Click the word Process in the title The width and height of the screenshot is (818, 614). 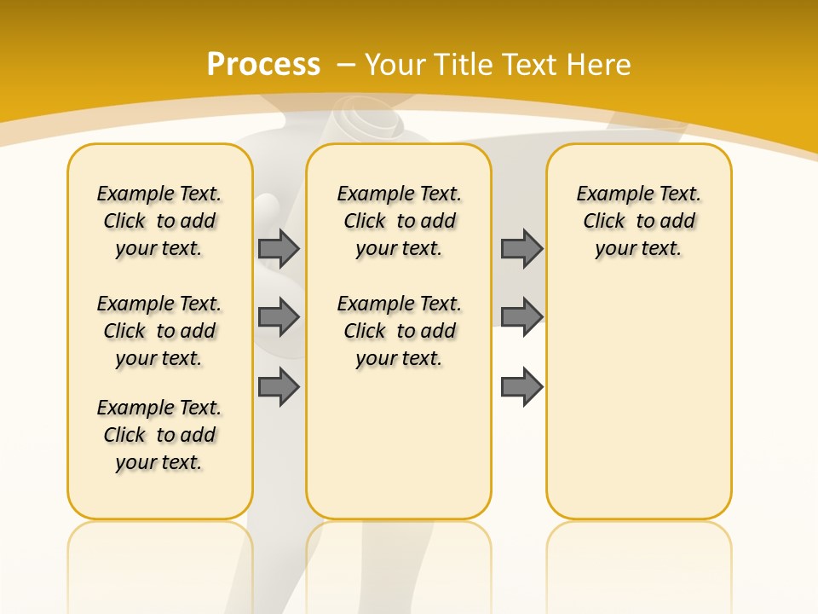click(x=263, y=64)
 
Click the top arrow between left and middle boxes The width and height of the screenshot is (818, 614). click(x=279, y=248)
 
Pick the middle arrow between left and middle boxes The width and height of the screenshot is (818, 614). click(x=279, y=317)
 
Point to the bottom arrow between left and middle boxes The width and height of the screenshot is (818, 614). click(x=279, y=387)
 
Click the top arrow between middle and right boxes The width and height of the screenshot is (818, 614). click(x=521, y=248)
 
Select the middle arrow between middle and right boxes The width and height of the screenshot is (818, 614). click(x=521, y=317)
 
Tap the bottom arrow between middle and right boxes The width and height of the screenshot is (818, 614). click(x=521, y=387)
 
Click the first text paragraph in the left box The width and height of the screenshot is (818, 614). click(x=159, y=221)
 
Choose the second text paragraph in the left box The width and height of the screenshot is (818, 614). click(x=159, y=331)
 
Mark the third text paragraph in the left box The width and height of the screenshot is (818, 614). click(x=159, y=435)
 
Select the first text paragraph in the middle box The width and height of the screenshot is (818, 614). click(x=400, y=221)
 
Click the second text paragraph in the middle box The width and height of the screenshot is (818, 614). click(x=400, y=331)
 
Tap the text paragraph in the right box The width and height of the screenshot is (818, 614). click(x=639, y=221)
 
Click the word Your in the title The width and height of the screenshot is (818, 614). click(x=396, y=65)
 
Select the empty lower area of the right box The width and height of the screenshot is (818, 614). click(x=639, y=401)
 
